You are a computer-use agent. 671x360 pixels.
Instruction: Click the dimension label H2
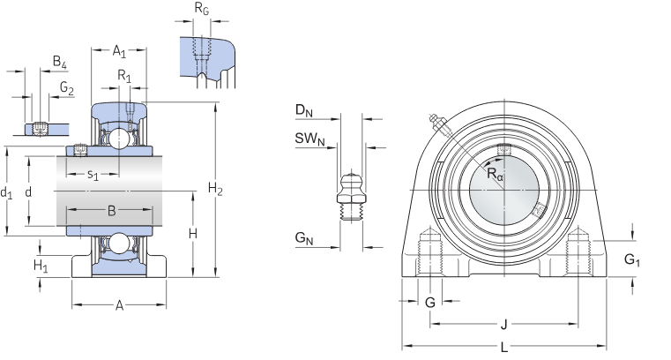pyautogui.click(x=215, y=188)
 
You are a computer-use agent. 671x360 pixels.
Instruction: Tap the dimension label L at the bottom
pyautogui.click(x=503, y=349)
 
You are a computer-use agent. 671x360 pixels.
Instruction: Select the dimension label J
pyautogui.click(x=503, y=322)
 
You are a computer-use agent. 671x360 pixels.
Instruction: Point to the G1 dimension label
pyautogui.click(x=631, y=259)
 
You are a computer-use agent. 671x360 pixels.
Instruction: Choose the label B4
pyautogui.click(x=59, y=62)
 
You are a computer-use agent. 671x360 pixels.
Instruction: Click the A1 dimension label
pyautogui.click(x=119, y=51)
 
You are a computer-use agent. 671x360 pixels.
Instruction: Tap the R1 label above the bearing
pyautogui.click(x=125, y=77)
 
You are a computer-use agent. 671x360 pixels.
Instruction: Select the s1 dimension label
pyautogui.click(x=93, y=175)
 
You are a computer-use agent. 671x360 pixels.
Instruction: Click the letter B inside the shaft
pyautogui.click(x=111, y=211)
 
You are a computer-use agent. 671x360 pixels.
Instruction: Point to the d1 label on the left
pyautogui.click(x=7, y=191)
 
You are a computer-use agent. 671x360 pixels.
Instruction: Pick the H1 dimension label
pyautogui.click(x=40, y=265)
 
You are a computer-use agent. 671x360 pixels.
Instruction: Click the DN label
pyautogui.click(x=303, y=111)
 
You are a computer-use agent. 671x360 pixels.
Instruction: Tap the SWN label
pyautogui.click(x=309, y=139)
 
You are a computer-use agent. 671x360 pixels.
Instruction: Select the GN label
pyautogui.click(x=303, y=238)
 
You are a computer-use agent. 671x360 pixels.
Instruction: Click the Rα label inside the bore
pyautogui.click(x=496, y=176)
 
